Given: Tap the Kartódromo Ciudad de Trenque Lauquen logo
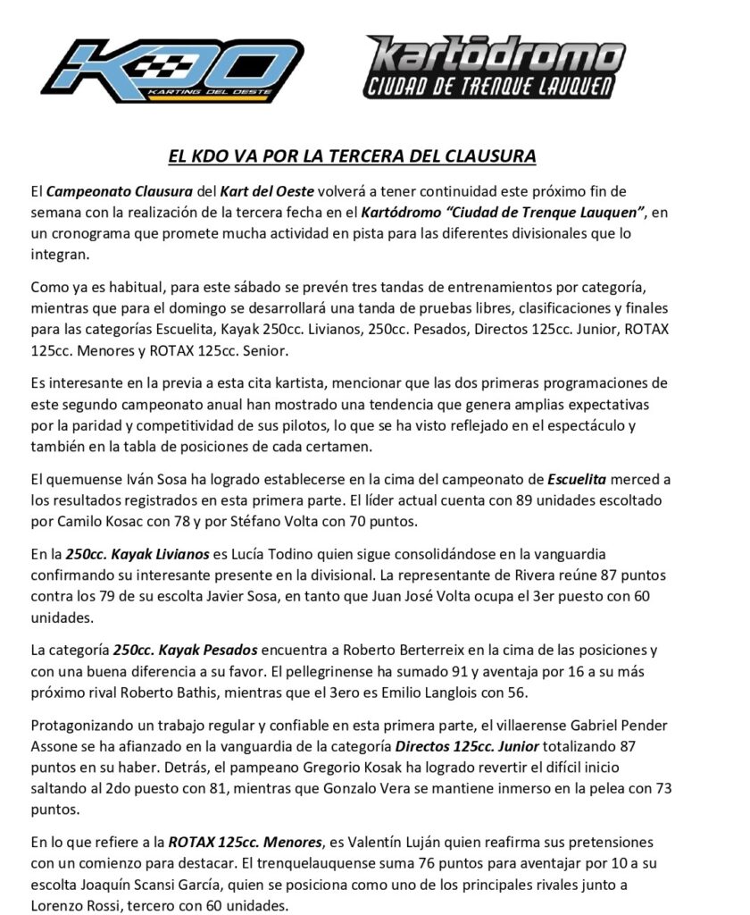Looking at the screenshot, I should coord(495,66).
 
